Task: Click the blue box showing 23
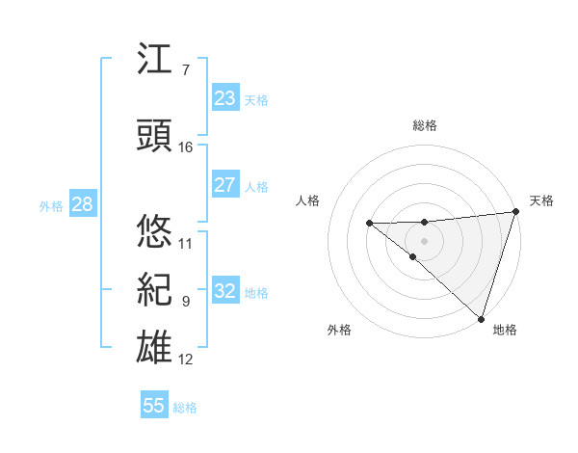click(x=224, y=98)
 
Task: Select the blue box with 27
click(x=224, y=186)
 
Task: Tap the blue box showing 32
click(x=224, y=292)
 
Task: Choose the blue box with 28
click(x=81, y=204)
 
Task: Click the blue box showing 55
click(x=154, y=406)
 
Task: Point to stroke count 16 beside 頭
click(x=186, y=147)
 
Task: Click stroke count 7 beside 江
click(x=185, y=70)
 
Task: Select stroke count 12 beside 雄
click(x=186, y=360)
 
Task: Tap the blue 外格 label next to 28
click(x=51, y=206)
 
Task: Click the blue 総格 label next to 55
click(x=185, y=408)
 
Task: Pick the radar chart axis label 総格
click(x=425, y=125)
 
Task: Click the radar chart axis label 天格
click(x=541, y=200)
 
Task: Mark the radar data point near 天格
click(x=515, y=212)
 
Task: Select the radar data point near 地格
click(x=481, y=318)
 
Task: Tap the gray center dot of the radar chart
click(x=424, y=239)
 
